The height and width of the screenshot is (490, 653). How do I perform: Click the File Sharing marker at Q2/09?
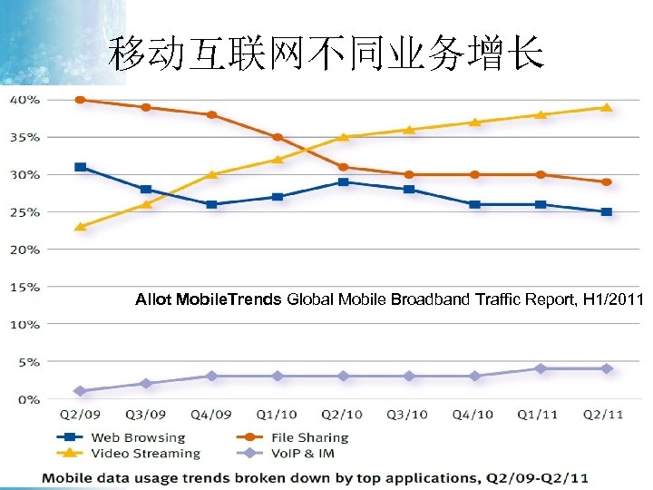tap(81, 100)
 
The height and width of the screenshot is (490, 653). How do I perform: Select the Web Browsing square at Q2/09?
tap(81, 167)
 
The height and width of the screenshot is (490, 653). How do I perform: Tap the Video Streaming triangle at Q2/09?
tap(81, 226)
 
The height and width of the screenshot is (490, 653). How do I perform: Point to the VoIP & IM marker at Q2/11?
tap(607, 368)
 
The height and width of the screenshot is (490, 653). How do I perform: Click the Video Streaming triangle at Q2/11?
tap(607, 107)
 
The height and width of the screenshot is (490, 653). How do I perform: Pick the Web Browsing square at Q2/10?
tap(344, 182)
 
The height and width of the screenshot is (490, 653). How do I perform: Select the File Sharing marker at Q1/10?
tap(278, 138)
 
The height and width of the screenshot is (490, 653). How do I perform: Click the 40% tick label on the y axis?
tap(24, 100)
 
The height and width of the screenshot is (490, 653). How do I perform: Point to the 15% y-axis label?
tap(24, 287)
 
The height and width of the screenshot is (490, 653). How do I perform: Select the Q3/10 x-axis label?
tap(408, 415)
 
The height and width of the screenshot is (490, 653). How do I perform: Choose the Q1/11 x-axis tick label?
tap(539, 415)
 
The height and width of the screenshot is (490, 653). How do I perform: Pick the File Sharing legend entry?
tap(295, 437)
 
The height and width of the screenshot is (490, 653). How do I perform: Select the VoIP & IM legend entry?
tap(290, 453)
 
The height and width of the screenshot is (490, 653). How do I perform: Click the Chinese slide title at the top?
tap(326, 55)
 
